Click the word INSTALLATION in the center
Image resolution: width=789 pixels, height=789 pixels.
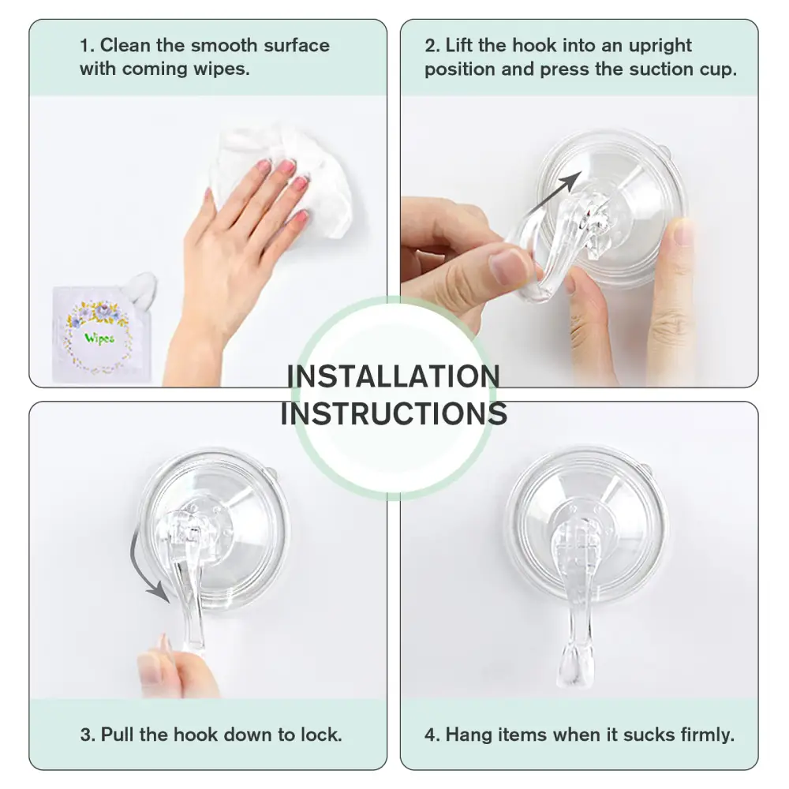(x=393, y=376)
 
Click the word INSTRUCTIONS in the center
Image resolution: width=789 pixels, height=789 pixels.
(x=393, y=413)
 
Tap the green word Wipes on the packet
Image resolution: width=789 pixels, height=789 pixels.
(x=99, y=338)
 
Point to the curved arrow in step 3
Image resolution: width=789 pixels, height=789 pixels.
(x=146, y=568)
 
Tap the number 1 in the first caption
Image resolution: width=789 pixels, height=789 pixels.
(x=84, y=45)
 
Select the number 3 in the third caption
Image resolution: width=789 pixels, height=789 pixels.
(x=85, y=735)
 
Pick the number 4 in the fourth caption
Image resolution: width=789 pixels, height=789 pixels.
(x=430, y=735)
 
